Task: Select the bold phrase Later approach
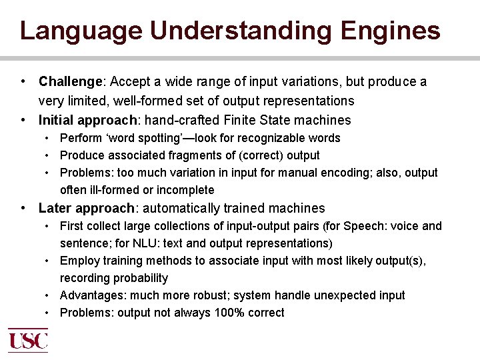click(86, 209)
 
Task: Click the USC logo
click(28, 340)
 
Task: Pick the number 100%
click(229, 313)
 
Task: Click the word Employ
click(77, 261)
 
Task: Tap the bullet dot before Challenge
click(23, 82)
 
